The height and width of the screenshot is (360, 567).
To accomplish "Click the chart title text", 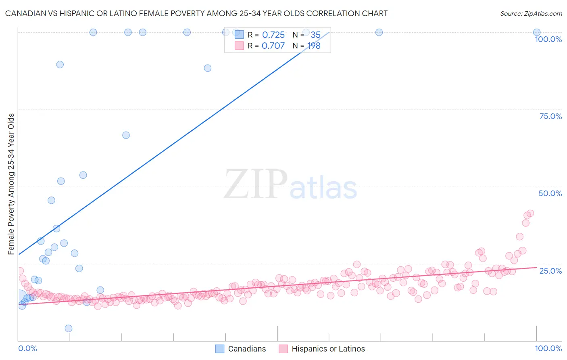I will coord(196,13).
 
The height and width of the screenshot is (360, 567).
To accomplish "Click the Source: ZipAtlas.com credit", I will coord(531,13).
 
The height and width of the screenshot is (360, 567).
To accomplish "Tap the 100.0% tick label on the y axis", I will coord(548,39).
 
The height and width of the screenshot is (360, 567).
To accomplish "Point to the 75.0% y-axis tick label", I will coord(550,116).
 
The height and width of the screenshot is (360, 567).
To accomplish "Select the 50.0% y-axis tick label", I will coord(550,193).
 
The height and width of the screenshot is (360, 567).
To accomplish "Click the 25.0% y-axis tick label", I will coord(550,270).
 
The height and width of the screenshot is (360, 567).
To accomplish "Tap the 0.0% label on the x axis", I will coord(27,348).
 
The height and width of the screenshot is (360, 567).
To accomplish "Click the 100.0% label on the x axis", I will coord(548,348).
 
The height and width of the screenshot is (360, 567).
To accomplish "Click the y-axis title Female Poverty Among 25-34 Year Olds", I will coord(11,184).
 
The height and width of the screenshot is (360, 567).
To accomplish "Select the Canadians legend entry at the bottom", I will coord(241,349).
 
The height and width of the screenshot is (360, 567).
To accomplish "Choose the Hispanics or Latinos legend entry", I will coord(322,349).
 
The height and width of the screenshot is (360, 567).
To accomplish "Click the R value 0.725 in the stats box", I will coord(273,35).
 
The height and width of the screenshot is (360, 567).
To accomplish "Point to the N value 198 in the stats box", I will coord(314,46).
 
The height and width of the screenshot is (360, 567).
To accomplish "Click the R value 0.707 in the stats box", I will coord(273,46).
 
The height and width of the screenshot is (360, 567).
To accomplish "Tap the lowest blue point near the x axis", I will coord(69,329).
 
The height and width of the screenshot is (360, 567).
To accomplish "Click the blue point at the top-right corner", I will coord(537,32).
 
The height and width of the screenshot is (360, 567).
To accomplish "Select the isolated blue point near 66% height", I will coord(126,135).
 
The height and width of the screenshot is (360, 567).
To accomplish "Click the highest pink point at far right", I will coord(530,213).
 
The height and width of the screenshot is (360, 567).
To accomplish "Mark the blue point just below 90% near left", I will coord(60,65).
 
